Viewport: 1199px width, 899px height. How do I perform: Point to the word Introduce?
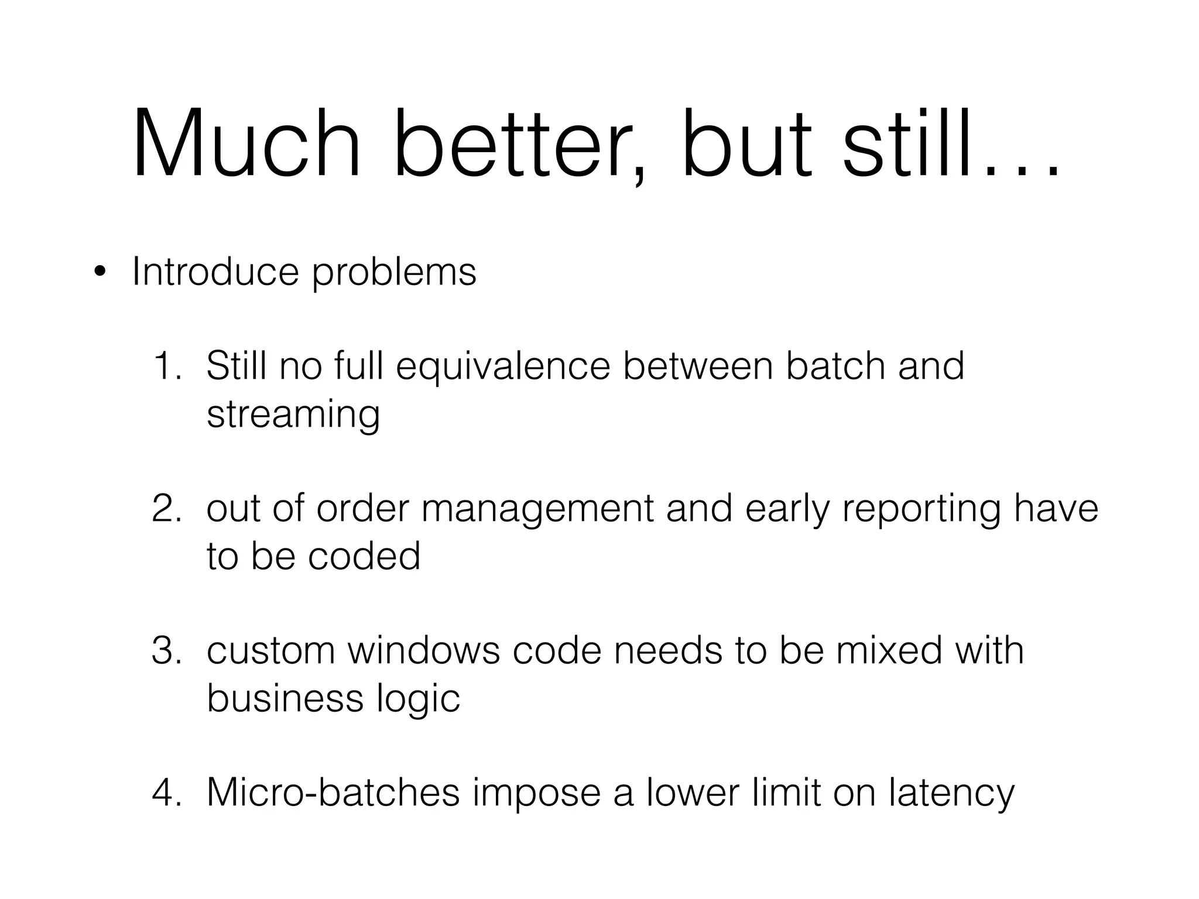point(215,272)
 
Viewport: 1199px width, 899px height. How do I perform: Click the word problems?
point(394,273)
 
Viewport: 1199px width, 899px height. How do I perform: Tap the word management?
point(537,509)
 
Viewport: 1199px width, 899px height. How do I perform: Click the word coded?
point(364,556)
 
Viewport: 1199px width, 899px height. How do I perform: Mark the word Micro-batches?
point(333,792)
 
